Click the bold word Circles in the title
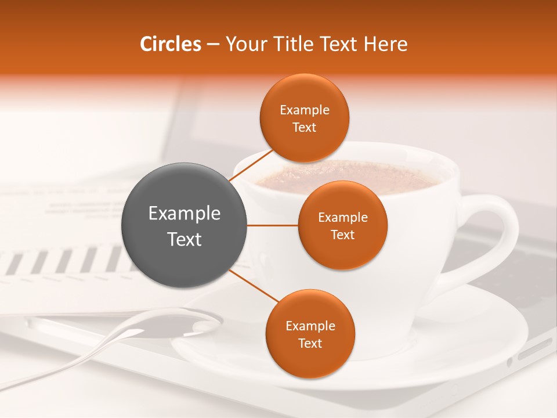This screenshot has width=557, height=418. point(170,44)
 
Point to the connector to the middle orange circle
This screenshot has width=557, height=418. point(272,225)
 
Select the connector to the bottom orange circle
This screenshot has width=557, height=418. point(254,286)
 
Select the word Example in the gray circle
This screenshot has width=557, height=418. point(185,214)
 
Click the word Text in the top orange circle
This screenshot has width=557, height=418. point(304,128)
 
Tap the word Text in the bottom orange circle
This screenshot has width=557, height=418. point(310,344)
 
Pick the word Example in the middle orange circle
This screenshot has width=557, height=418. point(342,218)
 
